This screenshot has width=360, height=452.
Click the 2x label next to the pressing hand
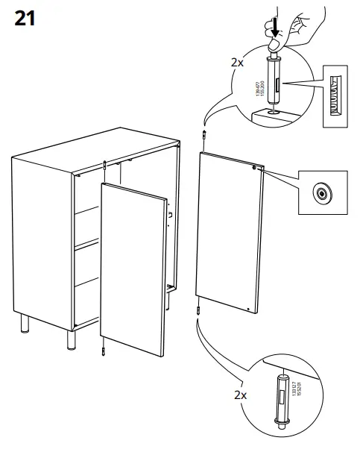(236, 63)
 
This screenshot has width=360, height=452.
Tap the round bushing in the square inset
(321, 193)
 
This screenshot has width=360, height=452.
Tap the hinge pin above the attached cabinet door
(106, 165)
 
